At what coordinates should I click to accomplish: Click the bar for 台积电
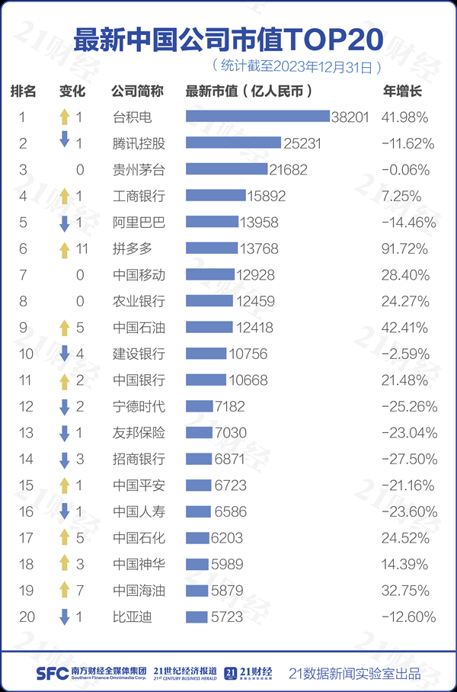coord(257,117)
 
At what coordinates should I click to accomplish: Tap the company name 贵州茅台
coord(139,169)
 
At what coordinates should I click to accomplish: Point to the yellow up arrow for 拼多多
coord(65,248)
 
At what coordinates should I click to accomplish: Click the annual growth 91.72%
coord(404,248)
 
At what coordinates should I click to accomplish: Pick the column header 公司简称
coord(137,91)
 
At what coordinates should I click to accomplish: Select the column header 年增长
coord(401,91)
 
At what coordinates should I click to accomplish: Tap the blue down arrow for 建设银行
coord(65,354)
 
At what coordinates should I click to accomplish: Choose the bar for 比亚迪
coord(197,617)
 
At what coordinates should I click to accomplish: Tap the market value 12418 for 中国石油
coord(254,328)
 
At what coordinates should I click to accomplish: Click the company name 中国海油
coord(139,591)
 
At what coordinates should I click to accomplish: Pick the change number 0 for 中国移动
coord(80,275)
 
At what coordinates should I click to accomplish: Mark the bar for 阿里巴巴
coord(201,223)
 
